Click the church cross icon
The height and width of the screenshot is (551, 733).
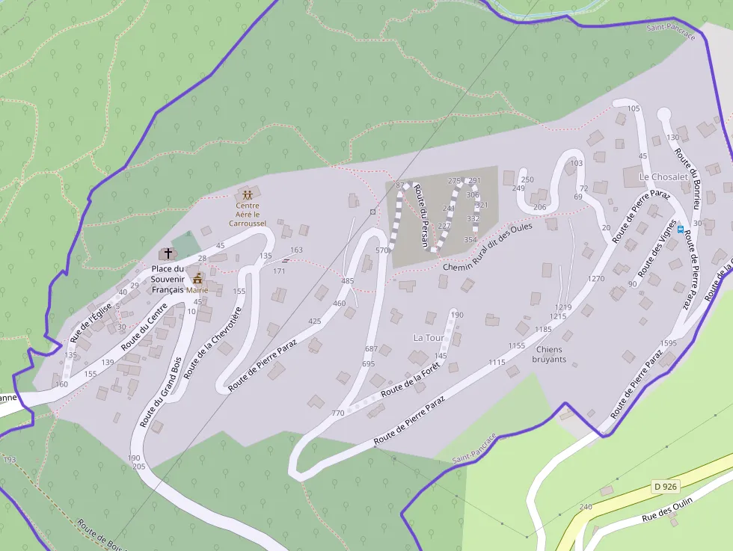click(x=168, y=254)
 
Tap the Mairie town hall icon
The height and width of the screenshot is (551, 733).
click(x=198, y=279)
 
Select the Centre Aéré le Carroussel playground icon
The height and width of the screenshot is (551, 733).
click(x=247, y=195)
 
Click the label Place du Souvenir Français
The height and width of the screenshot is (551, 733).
click(x=168, y=279)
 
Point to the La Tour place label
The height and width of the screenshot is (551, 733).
click(x=429, y=338)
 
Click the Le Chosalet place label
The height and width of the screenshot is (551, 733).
click(x=663, y=176)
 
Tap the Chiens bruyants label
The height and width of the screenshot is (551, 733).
click(x=550, y=354)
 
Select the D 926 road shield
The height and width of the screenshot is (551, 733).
click(x=665, y=487)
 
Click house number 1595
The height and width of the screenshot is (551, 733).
click(x=669, y=343)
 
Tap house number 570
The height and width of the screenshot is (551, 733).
click(x=382, y=250)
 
